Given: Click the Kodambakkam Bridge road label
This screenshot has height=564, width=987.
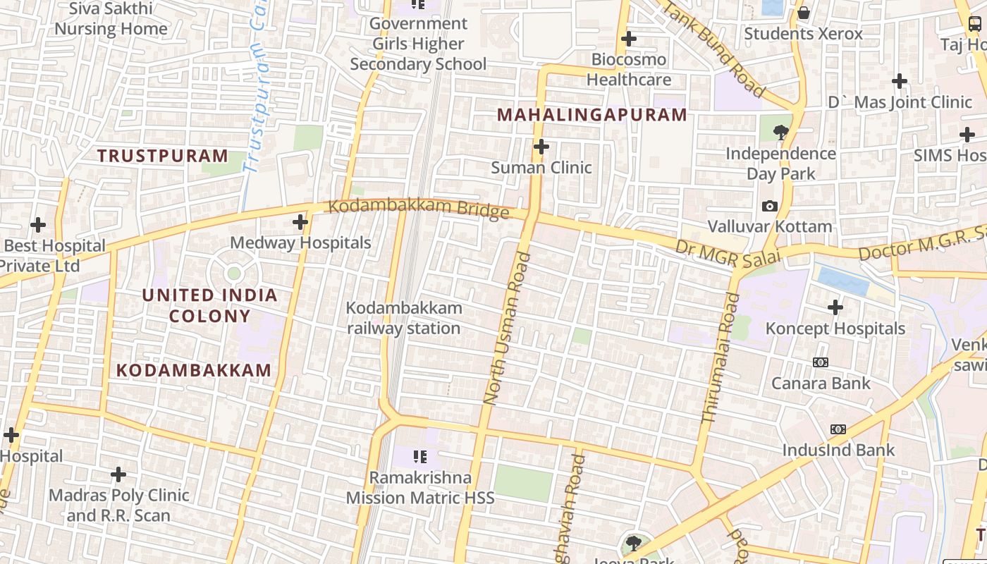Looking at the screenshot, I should [x=419, y=209].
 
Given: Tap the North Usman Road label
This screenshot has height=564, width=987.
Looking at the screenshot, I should [x=507, y=329].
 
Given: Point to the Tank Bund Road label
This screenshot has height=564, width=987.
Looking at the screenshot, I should [x=713, y=48].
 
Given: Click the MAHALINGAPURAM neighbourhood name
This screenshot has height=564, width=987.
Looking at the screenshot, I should [x=592, y=115].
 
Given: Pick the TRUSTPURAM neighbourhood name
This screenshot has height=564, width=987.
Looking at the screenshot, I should [x=163, y=156].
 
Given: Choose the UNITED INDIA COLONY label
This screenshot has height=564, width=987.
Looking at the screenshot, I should [x=210, y=305].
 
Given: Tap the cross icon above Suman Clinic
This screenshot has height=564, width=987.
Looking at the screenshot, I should [x=541, y=147].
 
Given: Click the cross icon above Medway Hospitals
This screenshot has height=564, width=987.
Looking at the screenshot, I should [x=300, y=222].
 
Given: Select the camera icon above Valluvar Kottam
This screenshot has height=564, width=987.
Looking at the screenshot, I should [x=770, y=206].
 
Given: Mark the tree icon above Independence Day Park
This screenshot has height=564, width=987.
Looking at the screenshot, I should [x=780, y=132].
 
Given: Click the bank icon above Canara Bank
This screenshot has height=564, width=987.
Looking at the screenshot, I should [x=821, y=362].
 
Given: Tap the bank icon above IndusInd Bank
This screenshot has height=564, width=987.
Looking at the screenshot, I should [x=838, y=429].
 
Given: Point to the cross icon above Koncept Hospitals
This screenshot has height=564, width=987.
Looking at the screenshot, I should [x=835, y=307].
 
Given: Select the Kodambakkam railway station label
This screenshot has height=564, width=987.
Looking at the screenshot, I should [x=404, y=318].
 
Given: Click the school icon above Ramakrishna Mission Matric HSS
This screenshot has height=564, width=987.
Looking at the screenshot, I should [x=420, y=457].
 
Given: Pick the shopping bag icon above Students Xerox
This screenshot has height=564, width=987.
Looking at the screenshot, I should [x=803, y=13].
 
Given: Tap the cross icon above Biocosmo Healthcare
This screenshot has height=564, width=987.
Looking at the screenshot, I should [x=629, y=39].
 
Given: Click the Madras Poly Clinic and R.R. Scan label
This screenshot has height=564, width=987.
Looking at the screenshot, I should [x=118, y=505].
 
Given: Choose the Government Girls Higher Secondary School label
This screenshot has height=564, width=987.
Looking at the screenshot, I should [x=418, y=44].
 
